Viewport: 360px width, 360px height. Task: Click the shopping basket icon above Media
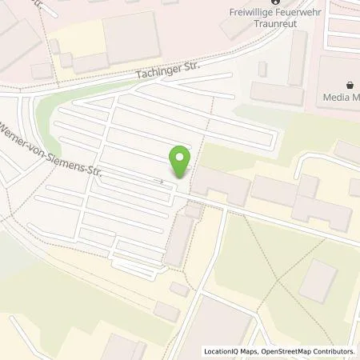coord(350,85)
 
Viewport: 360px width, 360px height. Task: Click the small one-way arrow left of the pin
coord(162,181)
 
